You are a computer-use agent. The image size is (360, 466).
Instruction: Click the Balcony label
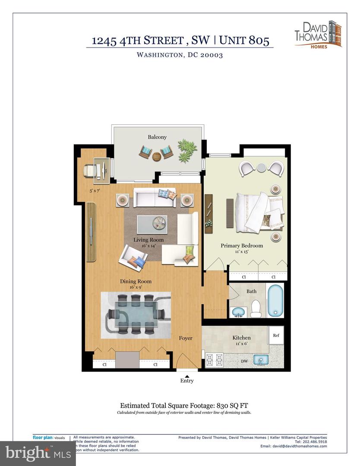[157, 137]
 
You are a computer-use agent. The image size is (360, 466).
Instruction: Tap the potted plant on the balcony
[187, 150]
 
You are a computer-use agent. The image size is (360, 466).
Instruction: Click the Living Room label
[148, 240]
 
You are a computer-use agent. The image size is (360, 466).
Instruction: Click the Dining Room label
[136, 281]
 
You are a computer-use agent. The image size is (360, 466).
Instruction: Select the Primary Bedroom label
[242, 246]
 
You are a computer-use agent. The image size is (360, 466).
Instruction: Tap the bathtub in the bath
[275, 301]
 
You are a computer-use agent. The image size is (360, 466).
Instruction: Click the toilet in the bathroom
[255, 307]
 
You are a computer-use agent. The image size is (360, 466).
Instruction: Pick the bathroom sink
[238, 312]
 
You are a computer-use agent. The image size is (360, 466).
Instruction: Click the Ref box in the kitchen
[275, 335]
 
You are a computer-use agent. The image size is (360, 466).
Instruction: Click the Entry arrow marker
[187, 376]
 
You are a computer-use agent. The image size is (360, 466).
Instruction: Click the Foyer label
[186, 338]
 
